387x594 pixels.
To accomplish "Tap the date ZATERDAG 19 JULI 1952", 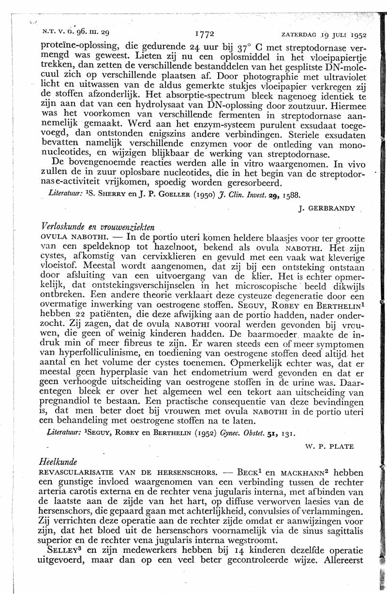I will (x=323, y=35).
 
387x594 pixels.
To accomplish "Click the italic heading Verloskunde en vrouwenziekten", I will (x=98, y=227).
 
